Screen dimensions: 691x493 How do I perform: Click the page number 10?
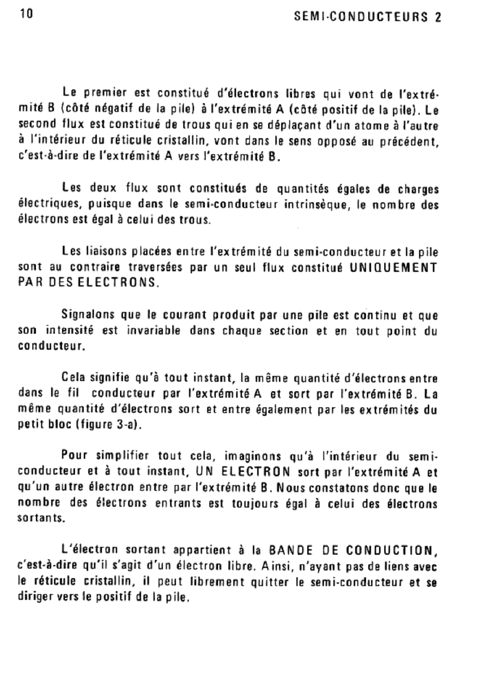point(26,14)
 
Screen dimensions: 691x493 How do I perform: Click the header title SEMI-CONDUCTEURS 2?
point(368,17)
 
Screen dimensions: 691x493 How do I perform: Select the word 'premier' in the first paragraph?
point(105,93)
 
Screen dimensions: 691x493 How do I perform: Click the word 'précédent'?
point(409,141)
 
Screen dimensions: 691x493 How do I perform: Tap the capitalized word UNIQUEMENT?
point(393,267)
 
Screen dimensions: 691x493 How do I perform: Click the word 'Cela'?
point(73,378)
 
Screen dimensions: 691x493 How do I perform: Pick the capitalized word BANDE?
point(290,550)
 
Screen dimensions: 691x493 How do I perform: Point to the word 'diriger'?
point(36,597)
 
